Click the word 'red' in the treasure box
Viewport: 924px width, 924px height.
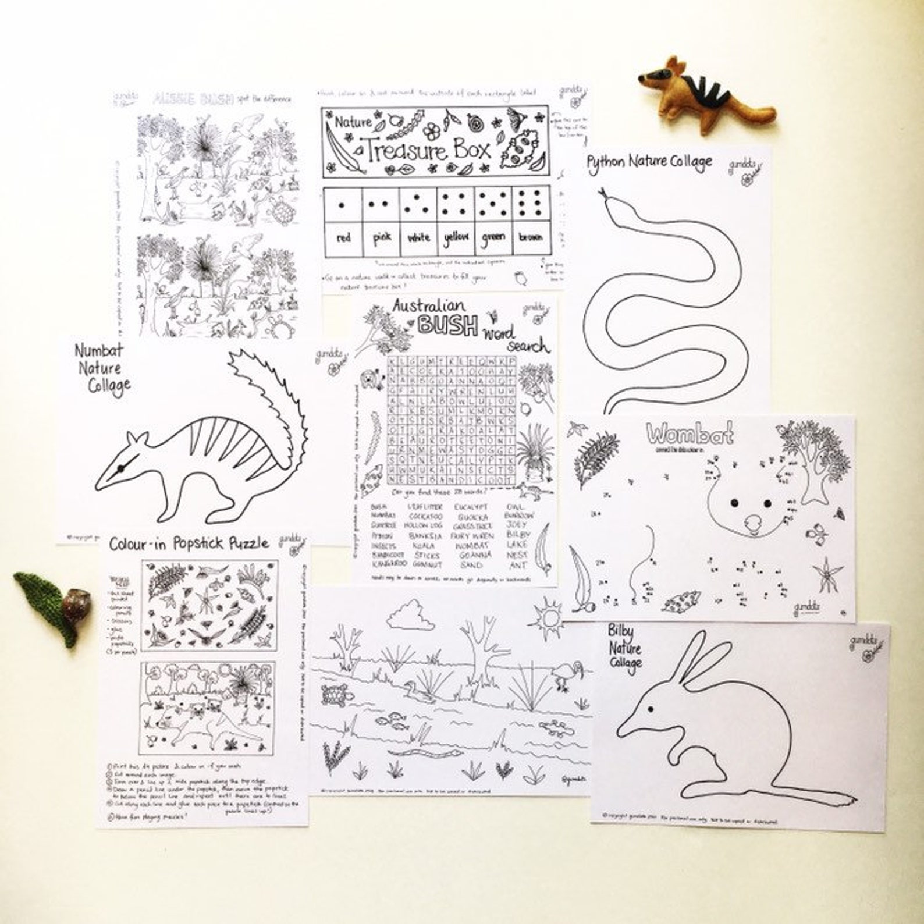click(x=343, y=238)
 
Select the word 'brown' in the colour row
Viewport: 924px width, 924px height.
click(x=530, y=237)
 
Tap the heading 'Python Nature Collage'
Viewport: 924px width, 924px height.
click(x=649, y=162)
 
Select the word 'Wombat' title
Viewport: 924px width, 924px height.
click(x=690, y=434)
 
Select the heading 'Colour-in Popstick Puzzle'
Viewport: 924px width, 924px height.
click(x=189, y=543)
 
